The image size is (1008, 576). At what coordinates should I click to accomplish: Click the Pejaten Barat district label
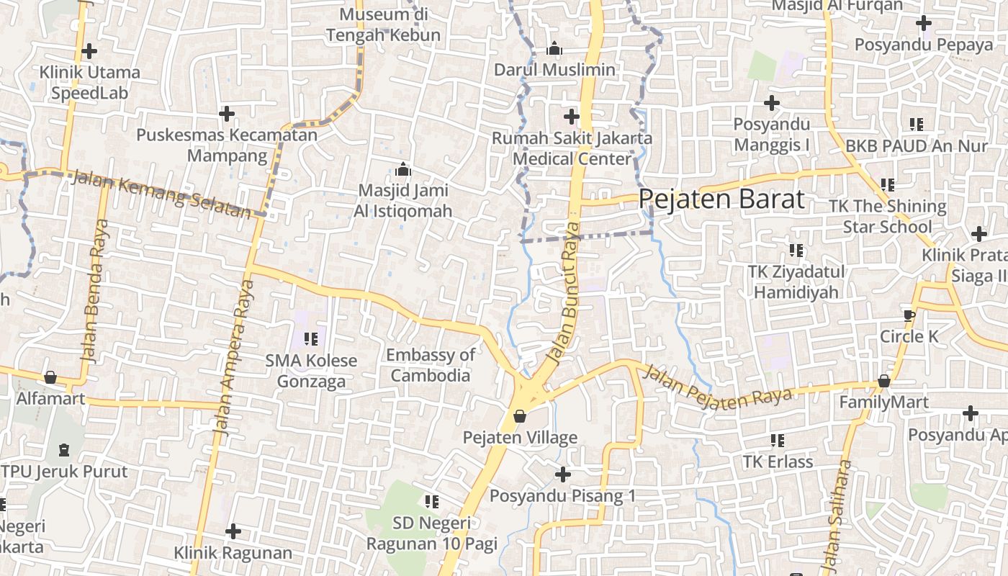tap(721, 199)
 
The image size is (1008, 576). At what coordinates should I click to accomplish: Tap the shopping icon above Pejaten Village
tap(519, 416)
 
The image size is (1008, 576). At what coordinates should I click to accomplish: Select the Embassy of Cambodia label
tap(431, 365)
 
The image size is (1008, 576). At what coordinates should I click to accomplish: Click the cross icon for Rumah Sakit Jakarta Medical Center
tap(572, 116)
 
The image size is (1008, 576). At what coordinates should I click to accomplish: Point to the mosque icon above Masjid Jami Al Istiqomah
tap(403, 170)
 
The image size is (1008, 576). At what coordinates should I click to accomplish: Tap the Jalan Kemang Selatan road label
tap(161, 193)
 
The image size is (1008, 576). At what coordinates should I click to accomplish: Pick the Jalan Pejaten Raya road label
tap(716, 388)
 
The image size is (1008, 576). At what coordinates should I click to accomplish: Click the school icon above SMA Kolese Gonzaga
tap(311, 338)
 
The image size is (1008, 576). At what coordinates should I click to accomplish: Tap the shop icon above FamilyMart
tap(883, 381)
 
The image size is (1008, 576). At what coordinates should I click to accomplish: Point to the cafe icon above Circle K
tap(909, 315)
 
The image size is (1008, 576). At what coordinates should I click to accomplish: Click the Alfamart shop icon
tap(50, 377)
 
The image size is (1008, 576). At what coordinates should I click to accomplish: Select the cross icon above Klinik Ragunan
tap(233, 531)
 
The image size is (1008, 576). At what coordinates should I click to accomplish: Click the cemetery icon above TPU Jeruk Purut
tap(64, 450)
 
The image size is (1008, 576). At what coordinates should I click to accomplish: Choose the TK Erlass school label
tap(778, 462)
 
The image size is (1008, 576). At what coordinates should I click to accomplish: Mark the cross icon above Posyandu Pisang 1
tap(563, 474)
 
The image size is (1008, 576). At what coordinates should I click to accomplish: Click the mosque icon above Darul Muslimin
tap(554, 49)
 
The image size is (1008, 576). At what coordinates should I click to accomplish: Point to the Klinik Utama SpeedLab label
tap(89, 83)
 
